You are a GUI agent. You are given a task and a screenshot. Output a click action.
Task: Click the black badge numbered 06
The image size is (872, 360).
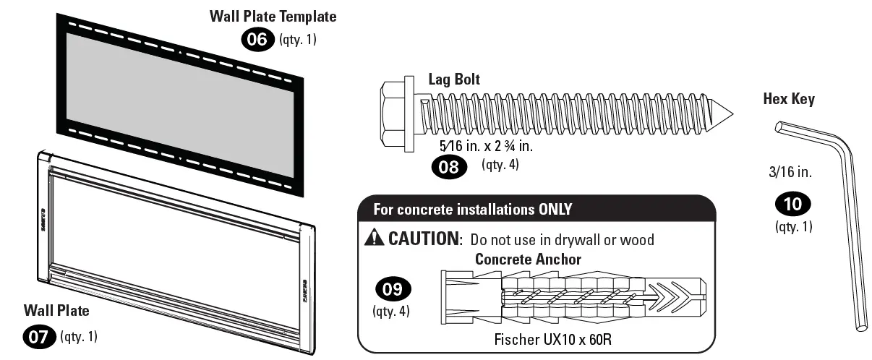tap(258, 39)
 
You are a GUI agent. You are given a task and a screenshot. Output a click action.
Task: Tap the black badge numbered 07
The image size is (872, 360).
tap(40, 337)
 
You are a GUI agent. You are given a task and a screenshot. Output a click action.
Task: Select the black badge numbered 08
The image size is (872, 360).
tap(450, 167)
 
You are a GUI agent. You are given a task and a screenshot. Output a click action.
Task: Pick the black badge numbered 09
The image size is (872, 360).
tap(390, 289)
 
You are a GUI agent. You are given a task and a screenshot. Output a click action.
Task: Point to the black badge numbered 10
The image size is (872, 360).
tap(792, 205)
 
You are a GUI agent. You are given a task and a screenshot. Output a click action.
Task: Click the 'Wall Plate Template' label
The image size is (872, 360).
tap(273, 16)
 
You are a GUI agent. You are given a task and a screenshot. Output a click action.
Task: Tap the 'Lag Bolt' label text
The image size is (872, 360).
tap(453, 80)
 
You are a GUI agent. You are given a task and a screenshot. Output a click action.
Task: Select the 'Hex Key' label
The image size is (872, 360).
tap(789, 99)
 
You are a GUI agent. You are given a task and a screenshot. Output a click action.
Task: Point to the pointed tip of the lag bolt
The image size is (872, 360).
tap(726, 113)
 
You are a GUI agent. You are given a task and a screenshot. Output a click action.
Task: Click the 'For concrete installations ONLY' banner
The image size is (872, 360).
tap(472, 210)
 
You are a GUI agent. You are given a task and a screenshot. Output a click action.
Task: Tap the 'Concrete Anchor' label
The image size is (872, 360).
tap(528, 259)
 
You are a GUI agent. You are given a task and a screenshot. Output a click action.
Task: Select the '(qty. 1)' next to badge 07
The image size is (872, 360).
tap(79, 336)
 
